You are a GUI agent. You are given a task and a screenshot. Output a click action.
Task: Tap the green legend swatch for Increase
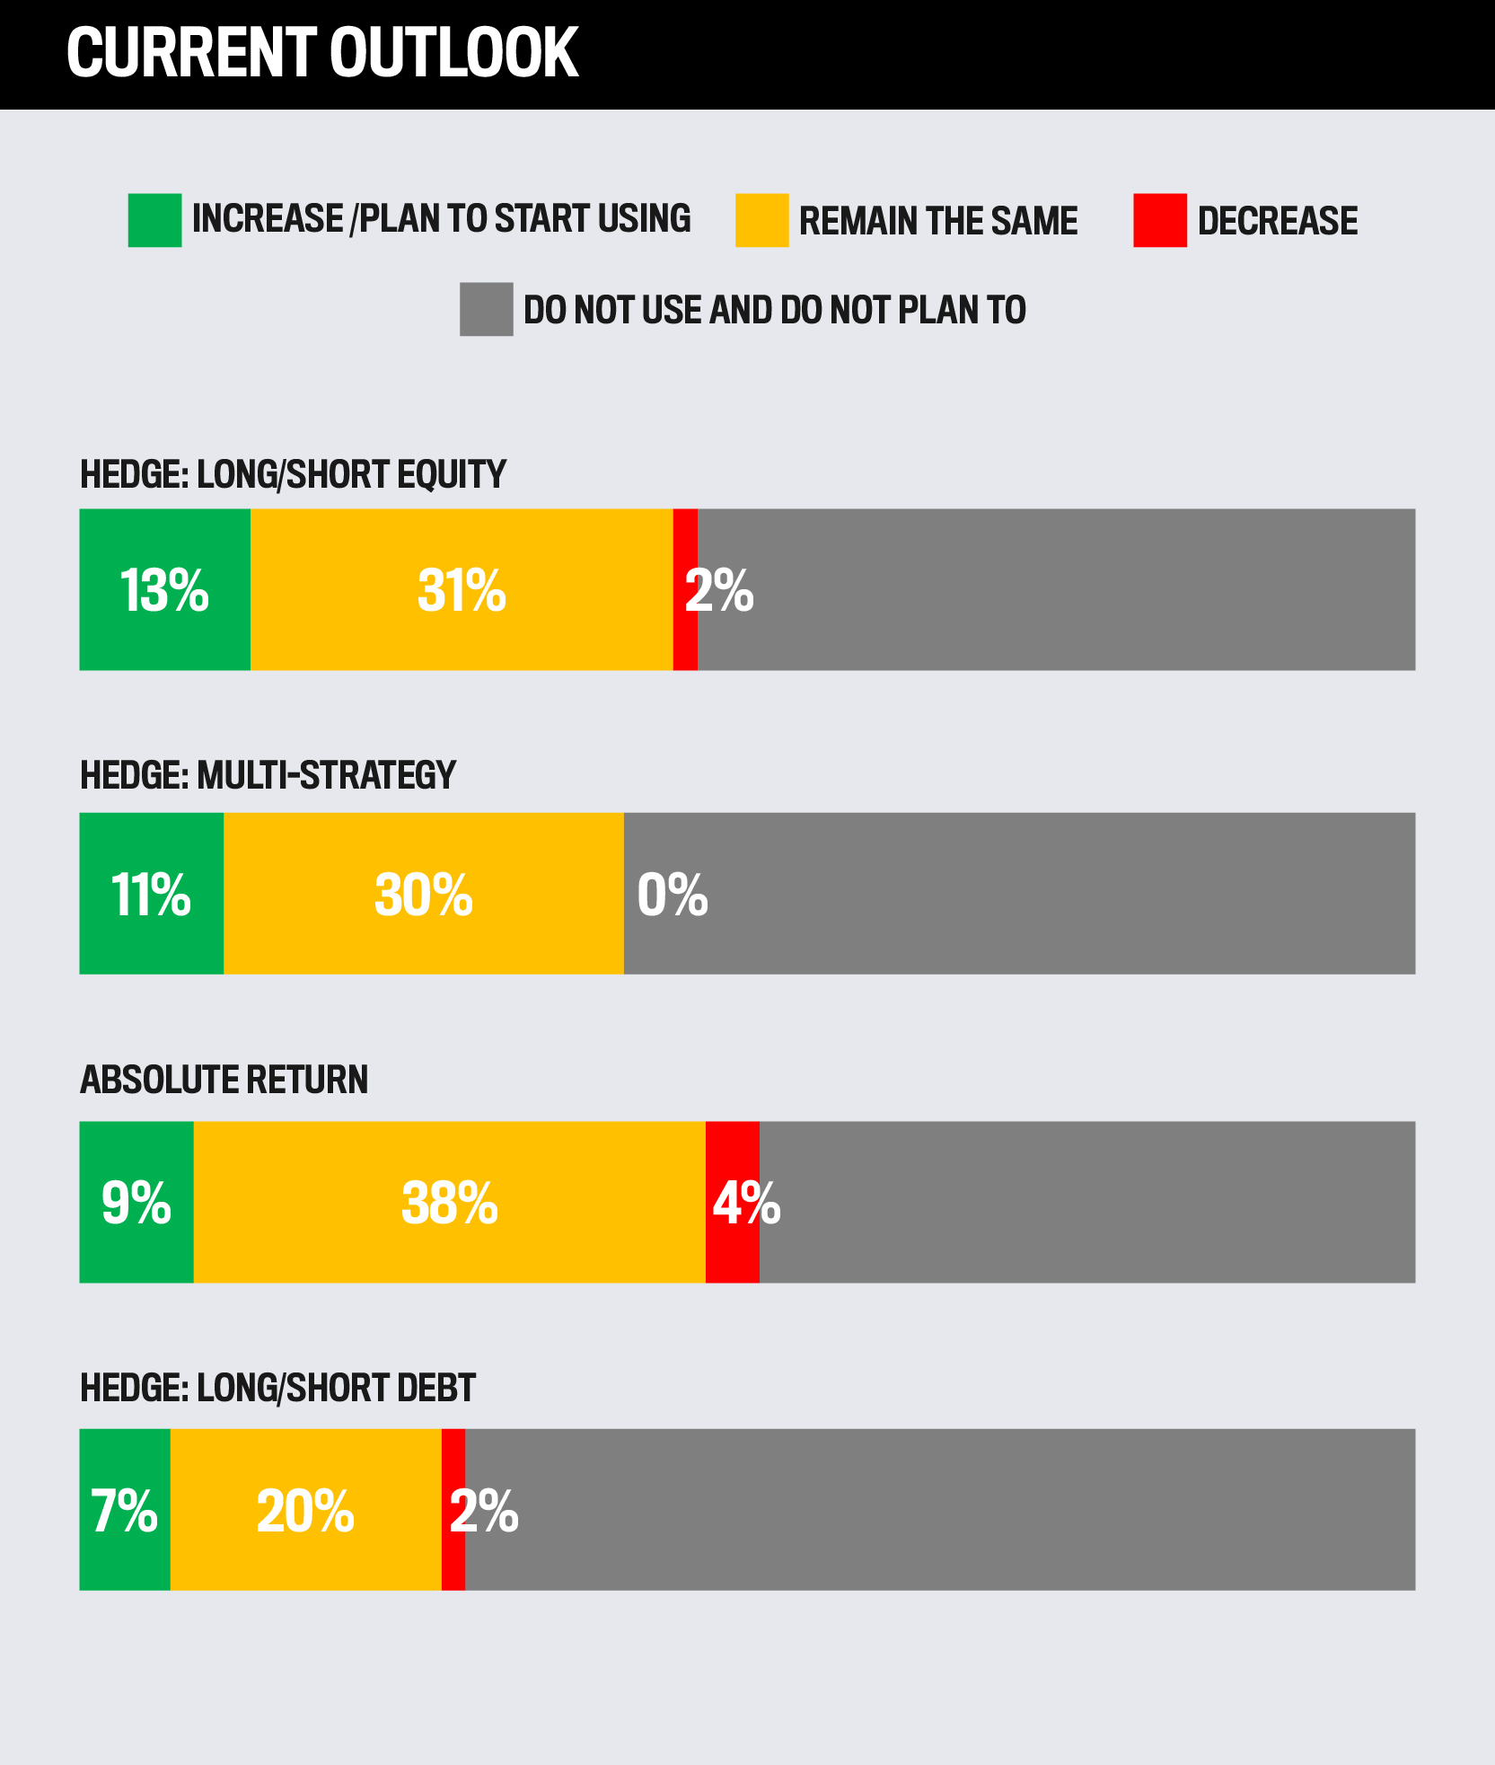pyautogui.click(x=154, y=220)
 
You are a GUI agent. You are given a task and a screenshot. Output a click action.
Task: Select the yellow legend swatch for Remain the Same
pyautogui.click(x=761, y=220)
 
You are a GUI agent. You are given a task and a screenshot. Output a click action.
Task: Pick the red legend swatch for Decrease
pyautogui.click(x=1159, y=220)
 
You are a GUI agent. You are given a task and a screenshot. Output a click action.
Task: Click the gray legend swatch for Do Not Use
pyautogui.click(x=486, y=310)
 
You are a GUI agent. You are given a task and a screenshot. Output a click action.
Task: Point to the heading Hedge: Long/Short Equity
pyautogui.click(x=293, y=474)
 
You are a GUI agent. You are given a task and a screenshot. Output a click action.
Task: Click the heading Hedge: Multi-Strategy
pyautogui.click(x=268, y=774)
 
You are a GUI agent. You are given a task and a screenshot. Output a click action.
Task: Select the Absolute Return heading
pyautogui.click(x=224, y=1080)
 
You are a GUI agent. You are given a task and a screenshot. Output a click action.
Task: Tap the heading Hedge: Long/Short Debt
pyautogui.click(x=277, y=1388)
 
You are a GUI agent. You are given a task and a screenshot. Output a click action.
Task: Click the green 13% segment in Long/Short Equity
pyautogui.click(x=164, y=590)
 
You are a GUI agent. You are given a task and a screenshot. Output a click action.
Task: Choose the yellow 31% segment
pyautogui.click(x=462, y=590)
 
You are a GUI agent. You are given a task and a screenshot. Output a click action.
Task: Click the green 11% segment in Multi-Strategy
pyautogui.click(x=151, y=894)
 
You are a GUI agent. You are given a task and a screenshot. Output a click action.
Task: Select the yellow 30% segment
pyautogui.click(x=423, y=894)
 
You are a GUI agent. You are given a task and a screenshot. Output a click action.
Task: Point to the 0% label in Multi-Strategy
pyautogui.click(x=672, y=895)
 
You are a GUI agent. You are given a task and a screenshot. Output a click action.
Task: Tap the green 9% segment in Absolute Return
pyautogui.click(x=136, y=1202)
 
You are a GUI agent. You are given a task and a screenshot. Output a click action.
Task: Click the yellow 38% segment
pyautogui.click(x=449, y=1202)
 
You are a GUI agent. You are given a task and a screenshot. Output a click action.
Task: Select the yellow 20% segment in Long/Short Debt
pyautogui.click(x=305, y=1510)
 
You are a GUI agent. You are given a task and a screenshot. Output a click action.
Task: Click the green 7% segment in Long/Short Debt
pyautogui.click(x=124, y=1510)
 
